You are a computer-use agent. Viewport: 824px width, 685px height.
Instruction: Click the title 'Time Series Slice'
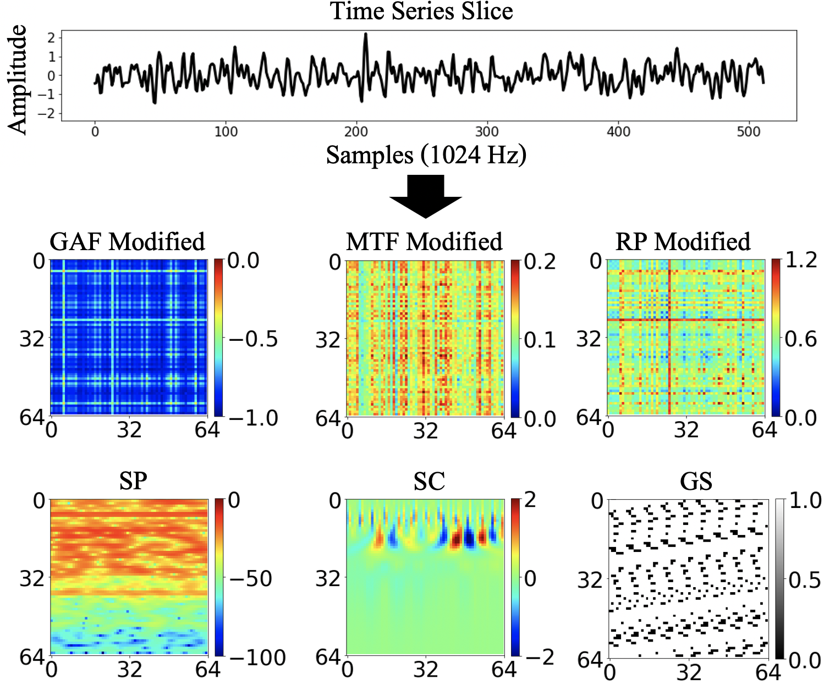[x=421, y=11]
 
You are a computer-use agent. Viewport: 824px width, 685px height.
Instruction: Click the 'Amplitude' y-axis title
[x=18, y=79]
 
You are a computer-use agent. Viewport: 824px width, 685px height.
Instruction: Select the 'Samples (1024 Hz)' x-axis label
[x=426, y=155]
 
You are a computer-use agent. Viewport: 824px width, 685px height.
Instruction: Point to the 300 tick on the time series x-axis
[x=487, y=132]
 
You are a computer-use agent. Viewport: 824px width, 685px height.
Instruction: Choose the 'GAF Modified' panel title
[x=127, y=242]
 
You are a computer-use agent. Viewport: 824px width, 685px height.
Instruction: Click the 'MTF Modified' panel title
[x=424, y=242]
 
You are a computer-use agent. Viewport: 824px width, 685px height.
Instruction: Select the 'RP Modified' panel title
[x=683, y=242]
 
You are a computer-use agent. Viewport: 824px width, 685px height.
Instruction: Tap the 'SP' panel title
[x=133, y=482]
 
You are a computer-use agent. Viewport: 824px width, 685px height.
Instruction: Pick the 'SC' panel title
[x=429, y=482]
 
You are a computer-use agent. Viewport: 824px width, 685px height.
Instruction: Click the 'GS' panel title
[x=696, y=482]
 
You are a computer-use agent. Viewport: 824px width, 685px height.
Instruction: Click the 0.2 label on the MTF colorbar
[x=540, y=262]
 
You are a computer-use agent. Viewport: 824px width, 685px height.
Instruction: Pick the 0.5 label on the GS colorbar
[x=805, y=580]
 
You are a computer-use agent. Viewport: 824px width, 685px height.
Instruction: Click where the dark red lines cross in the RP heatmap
[x=669, y=320]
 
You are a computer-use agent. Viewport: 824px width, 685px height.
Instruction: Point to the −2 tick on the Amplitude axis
[x=51, y=113]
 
